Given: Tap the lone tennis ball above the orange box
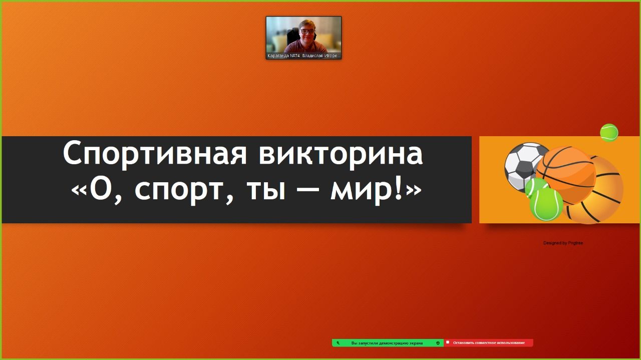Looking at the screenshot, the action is (609, 133).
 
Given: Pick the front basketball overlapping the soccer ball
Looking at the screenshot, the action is (566, 175).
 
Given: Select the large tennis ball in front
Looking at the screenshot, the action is (546, 204).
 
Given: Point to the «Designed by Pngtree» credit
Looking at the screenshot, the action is (563, 243).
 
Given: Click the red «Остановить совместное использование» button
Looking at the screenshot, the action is (488, 343).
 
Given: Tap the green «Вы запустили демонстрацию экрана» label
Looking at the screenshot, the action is (387, 343).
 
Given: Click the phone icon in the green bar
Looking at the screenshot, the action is (338, 343).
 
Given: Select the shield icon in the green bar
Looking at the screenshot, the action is (438, 343).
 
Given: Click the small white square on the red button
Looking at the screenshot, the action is (448, 342).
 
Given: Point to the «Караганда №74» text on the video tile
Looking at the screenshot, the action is (283, 56).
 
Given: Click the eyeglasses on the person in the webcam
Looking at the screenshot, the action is (308, 32).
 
